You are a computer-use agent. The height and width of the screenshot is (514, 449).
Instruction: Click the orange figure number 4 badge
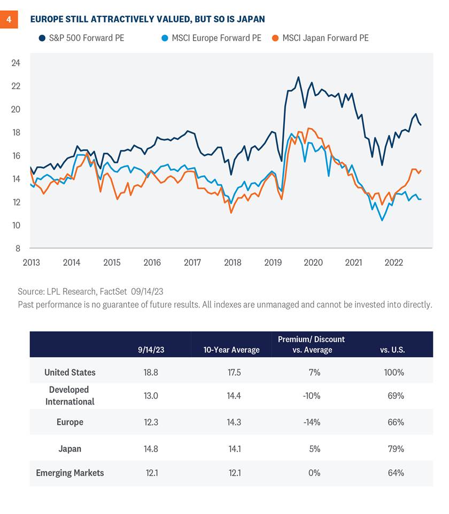coord(9,20)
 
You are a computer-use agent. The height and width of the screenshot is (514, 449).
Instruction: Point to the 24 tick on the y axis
coord(16,63)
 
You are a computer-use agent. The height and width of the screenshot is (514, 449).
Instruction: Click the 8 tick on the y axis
coord(18,249)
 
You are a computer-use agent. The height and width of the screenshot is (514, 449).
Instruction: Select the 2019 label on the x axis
coord(273,263)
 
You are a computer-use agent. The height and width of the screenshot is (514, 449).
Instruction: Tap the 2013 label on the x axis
coord(30,263)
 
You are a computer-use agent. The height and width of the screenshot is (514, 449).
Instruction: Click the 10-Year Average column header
coord(231,350)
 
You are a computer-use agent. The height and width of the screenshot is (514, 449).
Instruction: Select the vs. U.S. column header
coord(393,350)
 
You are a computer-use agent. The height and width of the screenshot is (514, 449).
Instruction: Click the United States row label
coord(70,373)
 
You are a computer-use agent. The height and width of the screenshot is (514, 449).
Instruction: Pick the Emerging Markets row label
coord(70,473)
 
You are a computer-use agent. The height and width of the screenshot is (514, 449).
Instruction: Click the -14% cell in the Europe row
coord(312,422)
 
